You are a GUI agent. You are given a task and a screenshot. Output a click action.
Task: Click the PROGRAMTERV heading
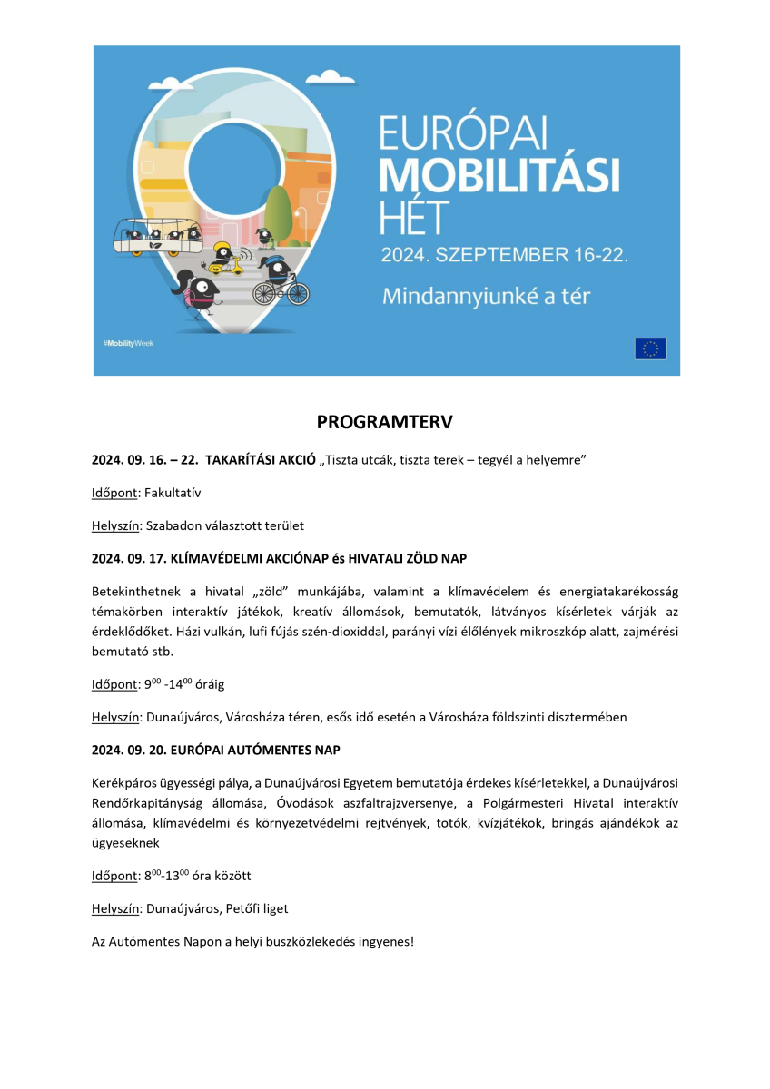click(384, 423)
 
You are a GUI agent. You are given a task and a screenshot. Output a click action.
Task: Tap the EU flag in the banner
click(650, 348)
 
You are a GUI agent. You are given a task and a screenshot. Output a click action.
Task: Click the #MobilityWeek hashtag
click(128, 345)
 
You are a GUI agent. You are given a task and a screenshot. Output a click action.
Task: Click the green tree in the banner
click(278, 211)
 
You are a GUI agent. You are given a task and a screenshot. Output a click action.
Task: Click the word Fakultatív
click(173, 493)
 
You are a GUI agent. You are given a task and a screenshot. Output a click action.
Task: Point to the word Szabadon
click(171, 525)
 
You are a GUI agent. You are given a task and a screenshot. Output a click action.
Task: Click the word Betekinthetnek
click(138, 592)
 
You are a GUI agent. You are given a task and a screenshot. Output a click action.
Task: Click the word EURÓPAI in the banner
click(464, 133)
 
